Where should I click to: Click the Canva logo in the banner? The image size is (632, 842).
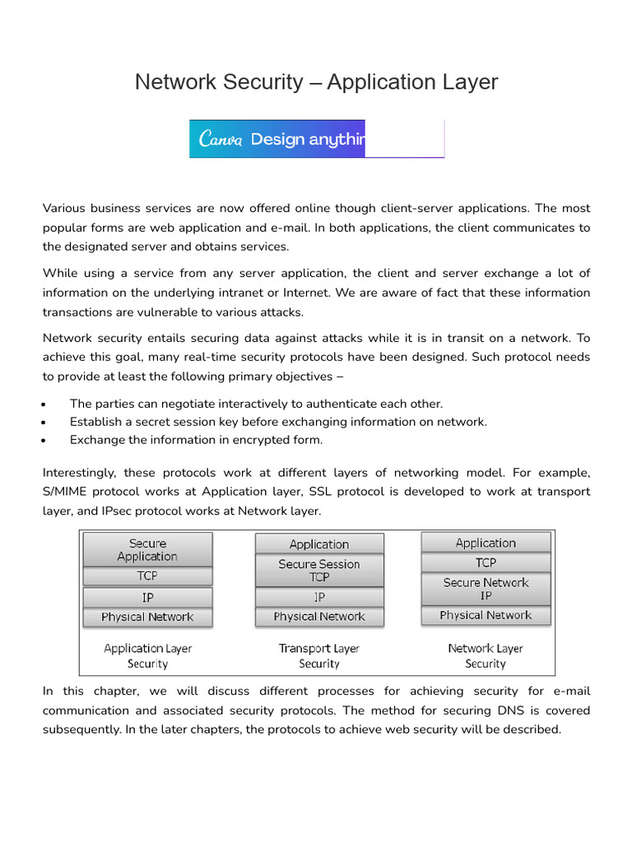(x=221, y=139)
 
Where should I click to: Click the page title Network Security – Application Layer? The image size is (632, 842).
(x=316, y=82)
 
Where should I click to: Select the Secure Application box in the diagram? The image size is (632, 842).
(x=147, y=550)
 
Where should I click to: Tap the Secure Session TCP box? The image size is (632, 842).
(x=319, y=571)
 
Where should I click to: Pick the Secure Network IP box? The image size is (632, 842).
(x=486, y=589)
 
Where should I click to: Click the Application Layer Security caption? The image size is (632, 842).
(x=147, y=656)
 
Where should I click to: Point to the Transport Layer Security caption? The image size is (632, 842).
(x=319, y=656)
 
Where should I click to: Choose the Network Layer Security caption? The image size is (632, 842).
(x=486, y=656)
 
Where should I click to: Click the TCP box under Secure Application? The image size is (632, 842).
(x=147, y=576)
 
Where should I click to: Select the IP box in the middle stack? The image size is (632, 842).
(x=319, y=598)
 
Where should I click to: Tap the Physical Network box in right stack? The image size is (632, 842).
(x=486, y=616)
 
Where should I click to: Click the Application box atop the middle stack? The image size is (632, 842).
(x=319, y=544)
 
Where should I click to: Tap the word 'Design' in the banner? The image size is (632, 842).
(x=276, y=139)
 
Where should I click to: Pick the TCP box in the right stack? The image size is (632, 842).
(x=486, y=562)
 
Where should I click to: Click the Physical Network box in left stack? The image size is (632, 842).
(x=147, y=617)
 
